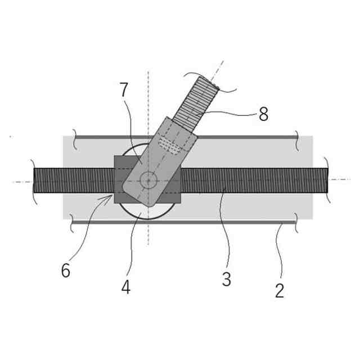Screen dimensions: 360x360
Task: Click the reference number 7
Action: [124, 89]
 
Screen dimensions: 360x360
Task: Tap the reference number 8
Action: [263, 115]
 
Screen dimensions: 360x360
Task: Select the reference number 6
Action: [66, 271]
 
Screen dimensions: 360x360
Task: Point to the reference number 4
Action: [125, 287]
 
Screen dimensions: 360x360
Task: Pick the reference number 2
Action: [280, 291]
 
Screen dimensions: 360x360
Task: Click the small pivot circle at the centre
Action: [148, 181]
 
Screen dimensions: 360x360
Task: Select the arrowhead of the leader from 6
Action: [113, 196]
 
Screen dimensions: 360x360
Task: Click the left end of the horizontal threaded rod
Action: [35, 181]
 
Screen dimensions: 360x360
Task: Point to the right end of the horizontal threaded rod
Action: [326, 181]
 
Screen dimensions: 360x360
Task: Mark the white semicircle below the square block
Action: [148, 211]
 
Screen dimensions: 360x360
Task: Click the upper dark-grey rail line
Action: [186, 137]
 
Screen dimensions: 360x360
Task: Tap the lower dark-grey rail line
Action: [186, 222]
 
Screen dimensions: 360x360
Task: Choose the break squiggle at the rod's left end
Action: [33, 181]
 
